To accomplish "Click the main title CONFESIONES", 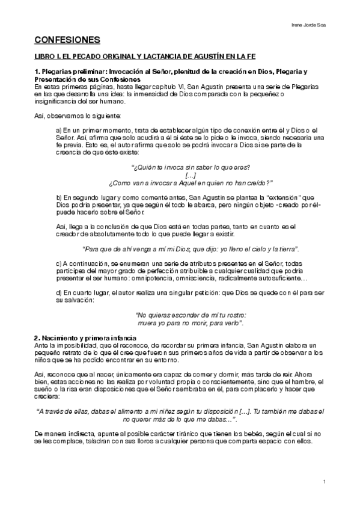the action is click(x=67, y=40).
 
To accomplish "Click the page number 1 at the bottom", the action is click(x=323, y=482).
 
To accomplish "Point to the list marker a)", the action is click(x=58, y=131).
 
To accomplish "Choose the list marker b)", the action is click(x=58, y=198).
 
